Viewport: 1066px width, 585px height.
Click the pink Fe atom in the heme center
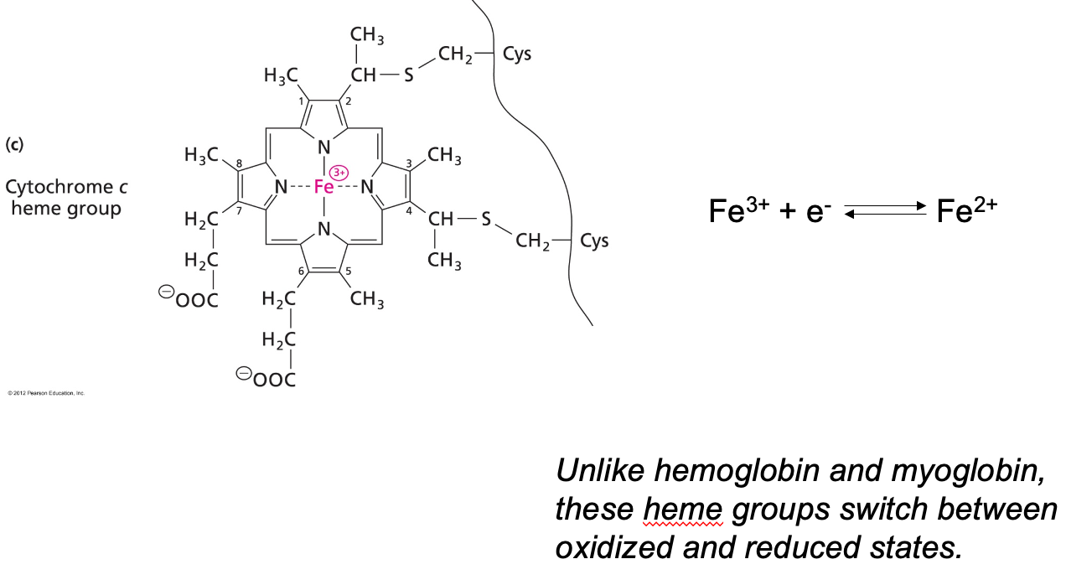coord(323,187)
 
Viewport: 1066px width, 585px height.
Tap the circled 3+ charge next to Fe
coord(339,173)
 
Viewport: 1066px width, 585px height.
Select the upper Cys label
coord(516,54)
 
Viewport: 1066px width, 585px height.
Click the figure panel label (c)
coord(14,144)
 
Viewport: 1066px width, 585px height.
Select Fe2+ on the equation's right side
coord(966,210)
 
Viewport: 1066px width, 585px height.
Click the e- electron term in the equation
coord(817,211)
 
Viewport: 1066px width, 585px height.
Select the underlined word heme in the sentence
coord(682,509)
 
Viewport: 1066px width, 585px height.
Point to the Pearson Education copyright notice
coord(46,392)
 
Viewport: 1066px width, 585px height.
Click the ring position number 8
coord(239,163)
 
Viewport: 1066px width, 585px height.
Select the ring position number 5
coord(349,269)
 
